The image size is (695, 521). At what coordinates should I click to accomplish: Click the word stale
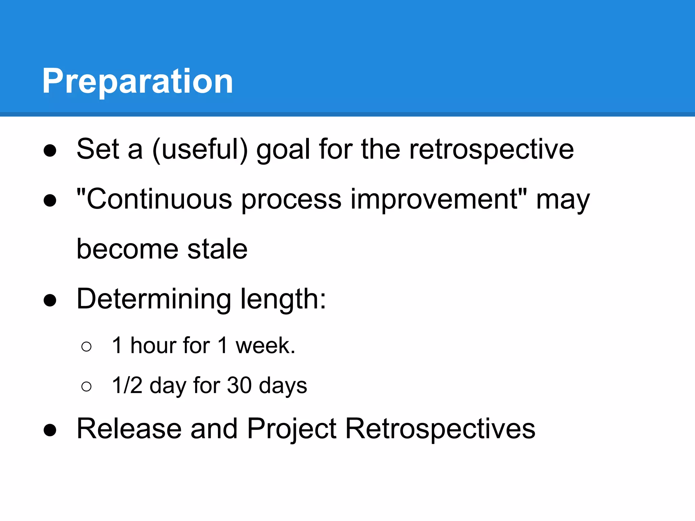point(217,249)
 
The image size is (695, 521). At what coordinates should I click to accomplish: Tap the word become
point(128,249)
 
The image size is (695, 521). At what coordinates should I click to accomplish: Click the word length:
point(283,299)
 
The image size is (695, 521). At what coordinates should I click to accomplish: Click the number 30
point(239,386)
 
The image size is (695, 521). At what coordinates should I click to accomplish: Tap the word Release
point(129,429)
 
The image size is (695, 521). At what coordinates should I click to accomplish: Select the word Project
point(292,429)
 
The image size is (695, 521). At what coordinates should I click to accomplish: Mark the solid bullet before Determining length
point(50,300)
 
